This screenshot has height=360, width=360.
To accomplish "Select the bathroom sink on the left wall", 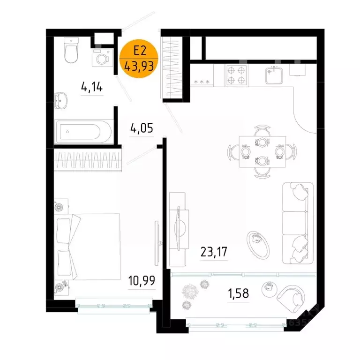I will click(x=61, y=99).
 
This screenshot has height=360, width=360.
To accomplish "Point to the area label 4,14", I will click(x=91, y=87).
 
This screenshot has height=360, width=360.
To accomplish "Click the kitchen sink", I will click(x=273, y=74).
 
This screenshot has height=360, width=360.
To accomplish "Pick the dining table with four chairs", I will click(x=255, y=151).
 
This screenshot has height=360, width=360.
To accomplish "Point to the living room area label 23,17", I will click(x=214, y=252).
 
